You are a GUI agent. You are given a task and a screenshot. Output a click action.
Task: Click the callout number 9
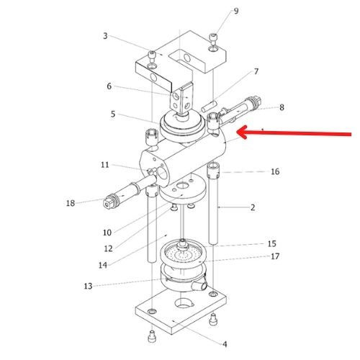point(236,11)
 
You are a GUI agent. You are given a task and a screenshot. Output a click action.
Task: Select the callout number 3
point(105,36)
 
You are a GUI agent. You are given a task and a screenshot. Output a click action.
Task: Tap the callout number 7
point(256,71)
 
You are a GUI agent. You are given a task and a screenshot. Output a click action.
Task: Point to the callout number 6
point(109,86)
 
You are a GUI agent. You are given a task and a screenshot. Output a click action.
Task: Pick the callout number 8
point(282,107)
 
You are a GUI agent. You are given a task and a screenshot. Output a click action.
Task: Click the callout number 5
point(113,114)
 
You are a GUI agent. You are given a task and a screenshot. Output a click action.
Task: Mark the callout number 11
point(105,165)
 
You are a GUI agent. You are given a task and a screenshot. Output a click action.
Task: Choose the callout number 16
point(275,171)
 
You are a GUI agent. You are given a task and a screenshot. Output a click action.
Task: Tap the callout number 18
point(71,203)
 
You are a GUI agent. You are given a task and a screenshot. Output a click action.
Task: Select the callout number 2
point(253,207)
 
